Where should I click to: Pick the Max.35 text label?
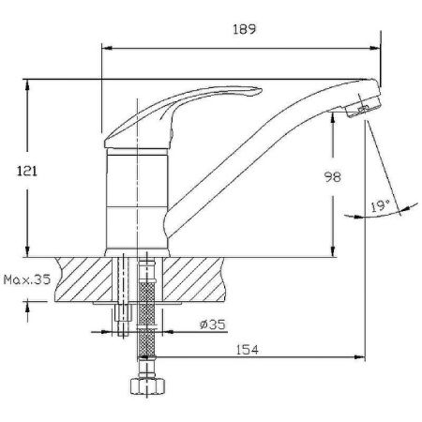tap(25, 279)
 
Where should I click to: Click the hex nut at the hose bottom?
tap(145, 386)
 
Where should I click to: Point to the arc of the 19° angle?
tap(361, 217)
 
